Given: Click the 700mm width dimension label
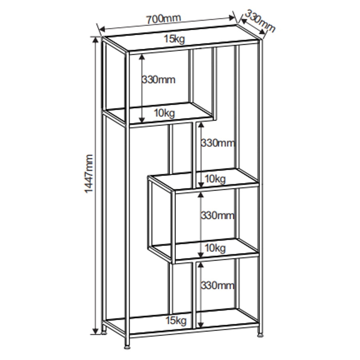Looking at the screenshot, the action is pos(164,19).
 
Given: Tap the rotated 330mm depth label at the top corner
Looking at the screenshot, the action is pos(260,21).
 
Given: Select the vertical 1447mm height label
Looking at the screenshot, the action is pos(89,174).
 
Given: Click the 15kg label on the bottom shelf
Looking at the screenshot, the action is pos(176,320).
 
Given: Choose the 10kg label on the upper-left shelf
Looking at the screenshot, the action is pos(164,113).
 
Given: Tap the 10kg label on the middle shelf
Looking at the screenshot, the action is pos(215,179).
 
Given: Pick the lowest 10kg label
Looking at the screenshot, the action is pos(215,248).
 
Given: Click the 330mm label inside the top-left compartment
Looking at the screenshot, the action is pos(159,80).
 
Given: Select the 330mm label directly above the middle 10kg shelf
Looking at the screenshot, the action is pos(218,143).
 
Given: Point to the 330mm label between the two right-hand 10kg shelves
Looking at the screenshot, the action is pos(218,215).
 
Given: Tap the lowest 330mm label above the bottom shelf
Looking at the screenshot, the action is pos(218,286).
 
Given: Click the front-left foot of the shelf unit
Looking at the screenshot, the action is pos(127,347).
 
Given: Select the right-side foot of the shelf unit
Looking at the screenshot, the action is pos(260,335).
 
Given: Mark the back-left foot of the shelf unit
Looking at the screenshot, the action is pos(104,332).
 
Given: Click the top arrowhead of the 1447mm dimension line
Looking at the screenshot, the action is pos(96,40).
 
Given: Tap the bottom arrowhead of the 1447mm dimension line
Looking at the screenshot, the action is pos(96,331).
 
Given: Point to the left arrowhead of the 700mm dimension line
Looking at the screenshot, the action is pos(102,29).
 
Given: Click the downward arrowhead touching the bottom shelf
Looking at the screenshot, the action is pos(201,325).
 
